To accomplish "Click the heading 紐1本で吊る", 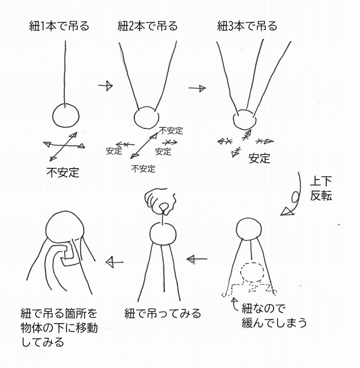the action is pyautogui.click(x=59, y=26).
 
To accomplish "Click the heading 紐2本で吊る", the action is pyautogui.click(x=148, y=26).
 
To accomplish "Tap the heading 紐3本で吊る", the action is pyautogui.click(x=247, y=26).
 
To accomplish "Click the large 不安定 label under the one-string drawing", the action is pyautogui.click(x=63, y=172).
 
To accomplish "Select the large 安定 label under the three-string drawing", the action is pyautogui.click(x=260, y=158).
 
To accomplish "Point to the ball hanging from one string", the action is pyautogui.click(x=66, y=116).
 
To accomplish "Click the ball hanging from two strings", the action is pyautogui.click(x=146, y=118).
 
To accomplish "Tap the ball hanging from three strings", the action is pyautogui.click(x=245, y=119).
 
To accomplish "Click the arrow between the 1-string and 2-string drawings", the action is pyautogui.click(x=106, y=86).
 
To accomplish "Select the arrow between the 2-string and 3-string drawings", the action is pyautogui.click(x=197, y=88).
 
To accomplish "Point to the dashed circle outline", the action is pyautogui.click(x=252, y=272).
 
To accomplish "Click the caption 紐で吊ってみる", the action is pyautogui.click(x=163, y=313).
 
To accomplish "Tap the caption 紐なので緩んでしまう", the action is pyautogui.click(x=274, y=316).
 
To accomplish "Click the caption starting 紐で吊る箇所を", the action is pyautogui.click(x=59, y=328).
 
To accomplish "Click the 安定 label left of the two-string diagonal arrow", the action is pyautogui.click(x=114, y=151).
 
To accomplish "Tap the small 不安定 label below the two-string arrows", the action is pyautogui.click(x=143, y=169).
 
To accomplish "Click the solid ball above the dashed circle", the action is pyautogui.click(x=249, y=229).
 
